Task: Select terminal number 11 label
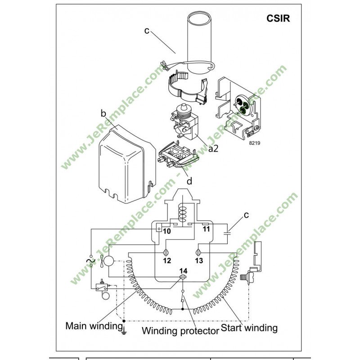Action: [207, 229]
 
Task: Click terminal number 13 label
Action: [199, 261]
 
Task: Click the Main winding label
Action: [94, 325]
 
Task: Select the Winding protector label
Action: [180, 331]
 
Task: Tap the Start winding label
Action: [249, 327]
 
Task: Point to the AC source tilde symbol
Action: [90, 261]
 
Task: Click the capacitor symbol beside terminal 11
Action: [228, 233]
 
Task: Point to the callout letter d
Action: [189, 181]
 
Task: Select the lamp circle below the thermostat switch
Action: [105, 295]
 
